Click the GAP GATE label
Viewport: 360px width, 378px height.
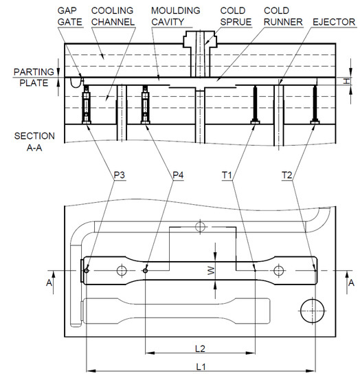[70, 16]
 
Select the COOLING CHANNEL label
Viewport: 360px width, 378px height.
[113, 16]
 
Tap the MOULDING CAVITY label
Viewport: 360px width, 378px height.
[176, 16]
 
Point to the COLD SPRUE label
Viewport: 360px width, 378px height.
[236, 16]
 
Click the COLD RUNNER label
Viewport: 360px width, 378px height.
[283, 16]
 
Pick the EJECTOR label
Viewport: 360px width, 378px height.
[334, 22]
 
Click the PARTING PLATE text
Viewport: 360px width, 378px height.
[34, 78]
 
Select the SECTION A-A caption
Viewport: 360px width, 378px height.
[34, 142]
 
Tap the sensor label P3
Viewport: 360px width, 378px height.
[120, 175]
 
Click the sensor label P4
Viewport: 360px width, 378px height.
[178, 175]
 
